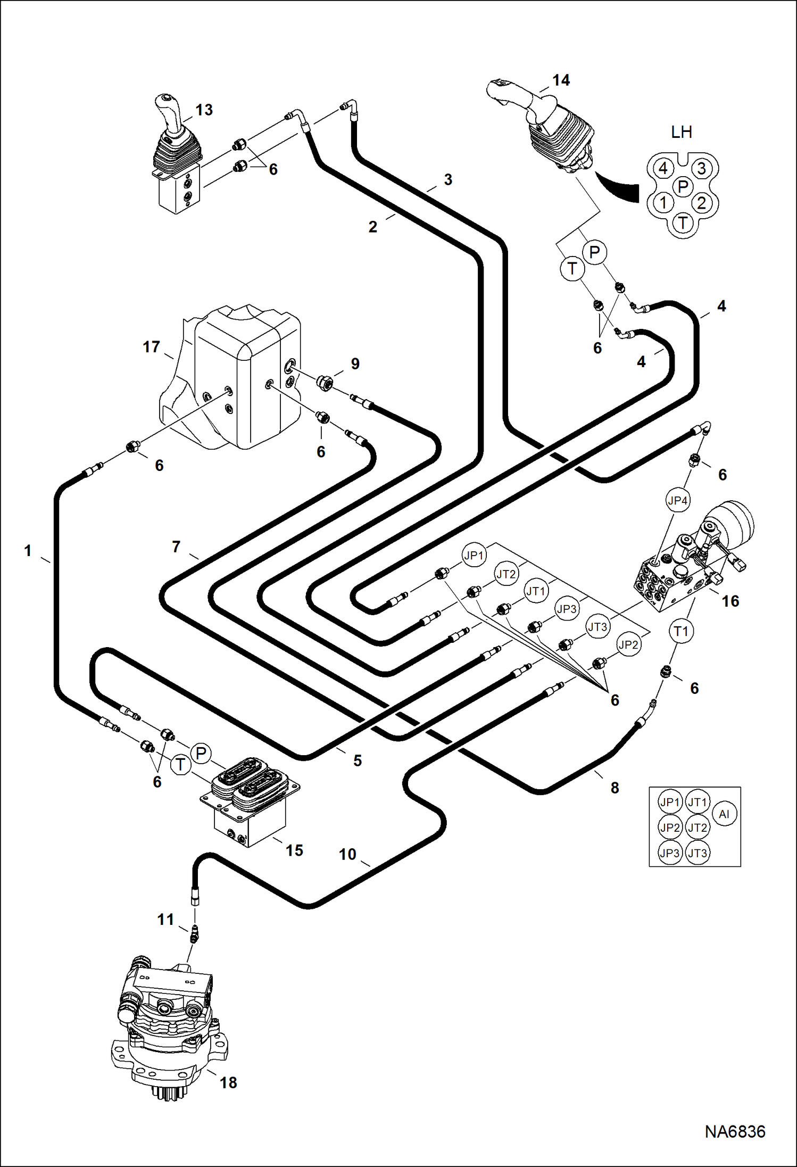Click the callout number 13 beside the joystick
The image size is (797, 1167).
pos(204,110)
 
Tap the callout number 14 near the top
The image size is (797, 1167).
pos(561,80)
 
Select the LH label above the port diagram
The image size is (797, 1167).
pos(681,132)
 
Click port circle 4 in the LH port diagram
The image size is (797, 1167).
pos(663,168)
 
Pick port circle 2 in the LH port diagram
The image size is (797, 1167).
pos(701,203)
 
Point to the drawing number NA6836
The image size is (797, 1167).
pos(735,1131)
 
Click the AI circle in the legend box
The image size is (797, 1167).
pos(724,814)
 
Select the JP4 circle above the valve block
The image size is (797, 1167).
pos(677,500)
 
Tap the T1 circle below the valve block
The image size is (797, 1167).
pos(681,631)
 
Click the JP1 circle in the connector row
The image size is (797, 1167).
pos(474,556)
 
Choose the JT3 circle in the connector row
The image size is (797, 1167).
pos(597,627)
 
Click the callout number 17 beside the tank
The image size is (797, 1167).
pos(151,347)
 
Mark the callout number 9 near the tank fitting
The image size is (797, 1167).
pos(355,364)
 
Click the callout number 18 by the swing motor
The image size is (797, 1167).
pos(228,1082)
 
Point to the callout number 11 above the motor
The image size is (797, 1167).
pos(165,919)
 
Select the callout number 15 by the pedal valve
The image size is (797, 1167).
pos(294,850)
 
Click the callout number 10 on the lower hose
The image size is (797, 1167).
pos(347,854)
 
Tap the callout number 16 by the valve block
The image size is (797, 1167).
pos(730,601)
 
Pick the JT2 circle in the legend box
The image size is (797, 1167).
pos(697,827)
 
